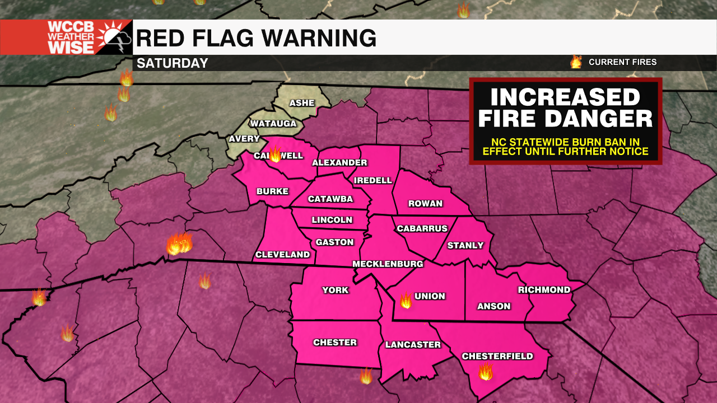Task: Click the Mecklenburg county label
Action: (387, 264)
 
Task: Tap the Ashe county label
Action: (302, 103)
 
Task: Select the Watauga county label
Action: (273, 123)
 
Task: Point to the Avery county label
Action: (244, 139)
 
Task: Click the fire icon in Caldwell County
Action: (275, 154)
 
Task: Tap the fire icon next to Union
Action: (406, 301)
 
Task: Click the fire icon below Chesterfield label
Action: (485, 371)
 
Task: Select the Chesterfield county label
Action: (497, 356)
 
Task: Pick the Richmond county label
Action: (544, 290)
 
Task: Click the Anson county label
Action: (493, 306)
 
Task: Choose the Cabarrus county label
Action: (422, 228)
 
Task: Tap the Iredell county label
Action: (373, 180)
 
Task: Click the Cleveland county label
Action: (282, 255)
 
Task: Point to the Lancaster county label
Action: (413, 345)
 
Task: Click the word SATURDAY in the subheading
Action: (173, 63)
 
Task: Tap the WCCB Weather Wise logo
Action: (66, 38)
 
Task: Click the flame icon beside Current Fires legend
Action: (576, 62)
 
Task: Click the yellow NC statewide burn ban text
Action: (565, 147)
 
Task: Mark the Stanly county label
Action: (465, 245)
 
